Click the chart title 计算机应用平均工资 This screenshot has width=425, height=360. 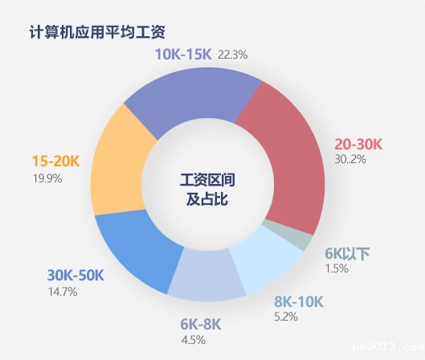tap(97, 32)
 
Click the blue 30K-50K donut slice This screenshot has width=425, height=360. tap(138, 247)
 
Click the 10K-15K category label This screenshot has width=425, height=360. tap(183, 54)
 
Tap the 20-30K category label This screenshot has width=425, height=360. tap(358, 144)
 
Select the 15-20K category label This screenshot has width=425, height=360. tap(55, 161)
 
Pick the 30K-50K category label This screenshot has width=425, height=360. tap(76, 276)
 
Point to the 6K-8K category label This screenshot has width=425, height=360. tap(201, 324)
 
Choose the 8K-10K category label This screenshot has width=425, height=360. tap(299, 301)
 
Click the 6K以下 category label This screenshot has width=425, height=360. tap(347, 254)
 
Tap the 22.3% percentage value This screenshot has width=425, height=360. tap(233, 55)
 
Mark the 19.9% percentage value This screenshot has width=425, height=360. tap(47, 178)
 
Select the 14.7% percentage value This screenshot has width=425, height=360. tap(63, 292)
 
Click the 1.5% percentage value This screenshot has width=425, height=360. tap(337, 268)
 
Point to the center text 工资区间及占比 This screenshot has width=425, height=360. tap(207, 190)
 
